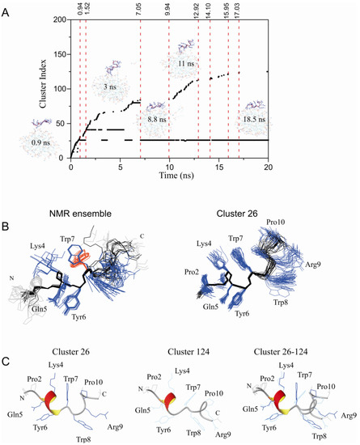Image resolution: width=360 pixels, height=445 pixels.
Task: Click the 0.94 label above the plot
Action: click(79, 11)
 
